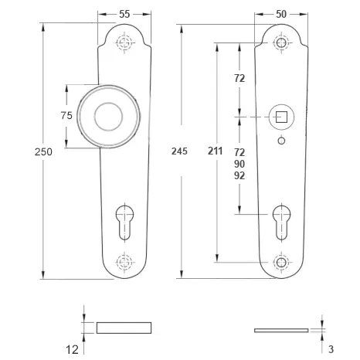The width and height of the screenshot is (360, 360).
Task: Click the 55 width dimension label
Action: [x=124, y=14]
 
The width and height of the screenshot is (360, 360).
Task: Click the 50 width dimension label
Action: [x=281, y=14]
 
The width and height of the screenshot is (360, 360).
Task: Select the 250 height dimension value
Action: [x=43, y=151]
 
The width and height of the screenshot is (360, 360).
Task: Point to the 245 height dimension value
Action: [x=179, y=151]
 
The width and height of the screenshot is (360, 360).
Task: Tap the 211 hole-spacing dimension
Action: [x=215, y=151]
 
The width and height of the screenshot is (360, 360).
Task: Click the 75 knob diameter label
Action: [x=66, y=115]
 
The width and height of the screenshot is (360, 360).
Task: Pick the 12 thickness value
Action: [x=72, y=350]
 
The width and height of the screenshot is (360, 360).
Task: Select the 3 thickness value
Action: [x=331, y=349]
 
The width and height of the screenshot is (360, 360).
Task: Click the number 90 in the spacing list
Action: [x=239, y=164]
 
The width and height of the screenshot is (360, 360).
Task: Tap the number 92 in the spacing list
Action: [x=239, y=175]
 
